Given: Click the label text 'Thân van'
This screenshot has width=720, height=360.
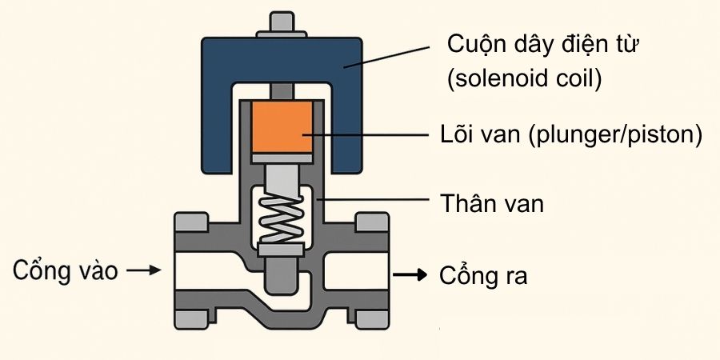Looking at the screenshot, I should point(492,203).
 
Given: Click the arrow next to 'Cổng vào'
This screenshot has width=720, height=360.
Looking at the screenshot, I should point(144,271).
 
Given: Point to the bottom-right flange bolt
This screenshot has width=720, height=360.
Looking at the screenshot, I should point(370,319).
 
